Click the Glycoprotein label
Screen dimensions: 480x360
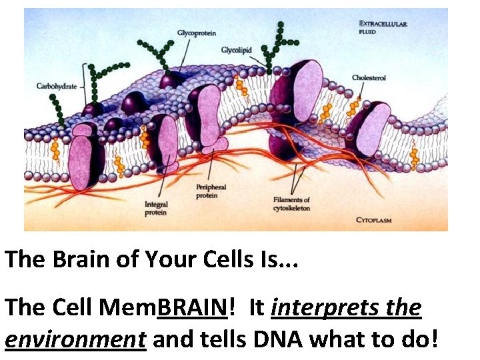tap(197, 33)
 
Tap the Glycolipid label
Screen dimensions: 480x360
tap(236, 50)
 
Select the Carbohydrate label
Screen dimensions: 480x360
tap(55, 85)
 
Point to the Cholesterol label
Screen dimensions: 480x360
tap(369, 78)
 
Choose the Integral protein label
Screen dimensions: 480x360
tap(157, 208)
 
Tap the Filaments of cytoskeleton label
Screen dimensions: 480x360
tap(292, 203)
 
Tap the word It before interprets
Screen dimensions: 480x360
tap(257, 308)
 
